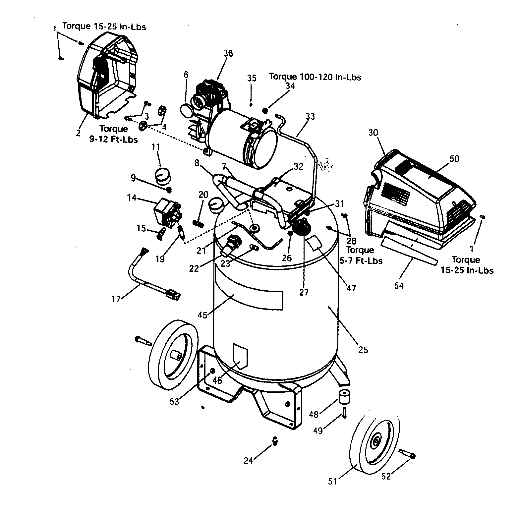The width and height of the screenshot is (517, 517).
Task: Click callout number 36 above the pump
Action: click(228, 53)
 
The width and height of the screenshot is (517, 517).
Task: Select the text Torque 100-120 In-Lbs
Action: click(315, 77)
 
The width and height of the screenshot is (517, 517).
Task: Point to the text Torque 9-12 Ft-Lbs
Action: click(113, 134)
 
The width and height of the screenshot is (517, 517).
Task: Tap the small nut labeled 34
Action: click(265, 110)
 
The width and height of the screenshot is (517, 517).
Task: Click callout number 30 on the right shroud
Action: click(373, 133)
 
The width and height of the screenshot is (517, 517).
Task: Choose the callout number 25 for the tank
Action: click(363, 350)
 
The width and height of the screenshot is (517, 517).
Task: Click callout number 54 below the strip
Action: click(399, 285)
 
